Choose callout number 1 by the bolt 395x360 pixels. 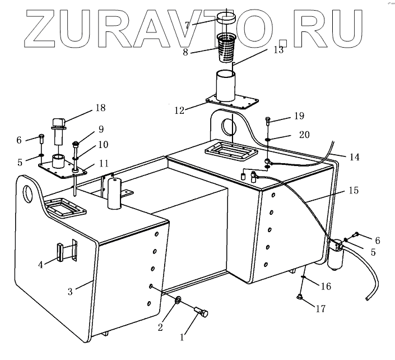coord(181,338)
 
